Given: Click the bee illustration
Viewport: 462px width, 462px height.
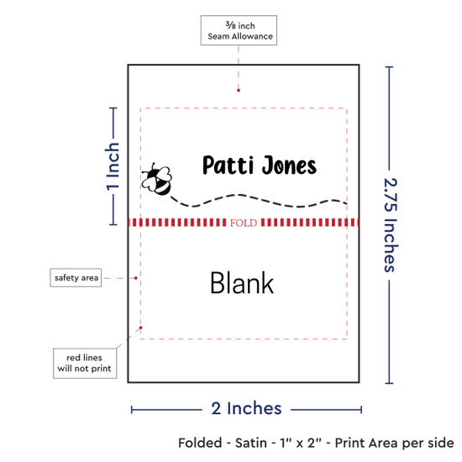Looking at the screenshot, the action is [x=157, y=179].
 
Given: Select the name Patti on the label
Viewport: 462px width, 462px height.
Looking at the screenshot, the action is [x=228, y=165].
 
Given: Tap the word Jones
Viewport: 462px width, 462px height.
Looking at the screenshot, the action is [x=289, y=165].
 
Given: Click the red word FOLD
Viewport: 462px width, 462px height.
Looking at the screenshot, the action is [x=244, y=223].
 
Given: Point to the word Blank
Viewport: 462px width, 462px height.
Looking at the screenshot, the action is [x=242, y=283].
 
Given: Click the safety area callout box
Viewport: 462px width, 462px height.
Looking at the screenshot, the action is [x=76, y=277].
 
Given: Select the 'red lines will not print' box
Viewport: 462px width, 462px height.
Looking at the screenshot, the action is [x=85, y=363].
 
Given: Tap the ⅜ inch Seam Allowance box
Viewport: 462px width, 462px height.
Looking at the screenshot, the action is [x=239, y=30].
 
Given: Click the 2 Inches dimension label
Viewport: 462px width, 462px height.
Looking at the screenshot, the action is [x=246, y=408].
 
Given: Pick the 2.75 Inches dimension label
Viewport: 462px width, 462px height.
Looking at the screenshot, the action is [x=391, y=225].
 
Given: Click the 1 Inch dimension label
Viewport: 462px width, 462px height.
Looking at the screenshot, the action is [x=113, y=166].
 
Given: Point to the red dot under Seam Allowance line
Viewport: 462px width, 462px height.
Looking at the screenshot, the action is [x=239, y=90].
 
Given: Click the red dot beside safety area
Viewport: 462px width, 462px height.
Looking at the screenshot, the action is [x=136, y=278].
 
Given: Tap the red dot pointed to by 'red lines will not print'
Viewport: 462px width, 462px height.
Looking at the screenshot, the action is [x=141, y=328].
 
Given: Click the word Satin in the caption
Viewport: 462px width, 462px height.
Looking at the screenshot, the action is [x=251, y=443].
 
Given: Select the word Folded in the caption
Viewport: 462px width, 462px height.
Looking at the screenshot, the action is [x=200, y=443].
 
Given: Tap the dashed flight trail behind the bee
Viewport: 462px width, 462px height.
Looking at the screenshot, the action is [x=259, y=201].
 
